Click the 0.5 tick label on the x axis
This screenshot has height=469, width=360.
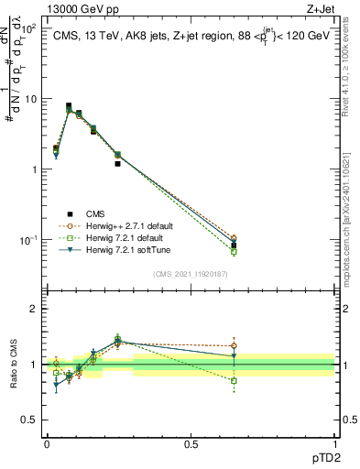point(191,442)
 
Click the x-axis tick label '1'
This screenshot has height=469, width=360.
point(334,442)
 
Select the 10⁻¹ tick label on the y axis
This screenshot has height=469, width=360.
point(28,240)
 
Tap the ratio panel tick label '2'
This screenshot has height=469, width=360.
point(34,309)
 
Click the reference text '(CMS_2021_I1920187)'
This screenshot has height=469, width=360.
point(191,273)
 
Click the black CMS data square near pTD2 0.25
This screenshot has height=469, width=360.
point(118,164)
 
